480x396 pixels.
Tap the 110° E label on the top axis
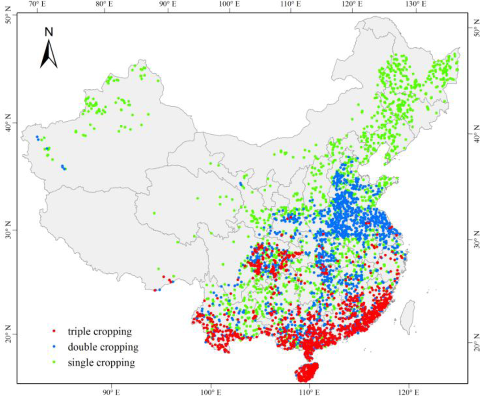tap(290, 4)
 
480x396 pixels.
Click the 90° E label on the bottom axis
tap(111, 391)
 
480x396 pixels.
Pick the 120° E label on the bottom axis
tap(408, 391)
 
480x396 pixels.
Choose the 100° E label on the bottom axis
tap(210, 391)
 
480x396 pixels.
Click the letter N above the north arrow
tap(49, 32)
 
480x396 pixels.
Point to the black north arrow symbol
tap(49, 53)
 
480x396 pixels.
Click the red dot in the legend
tap(55, 332)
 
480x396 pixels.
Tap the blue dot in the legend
tap(55, 347)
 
